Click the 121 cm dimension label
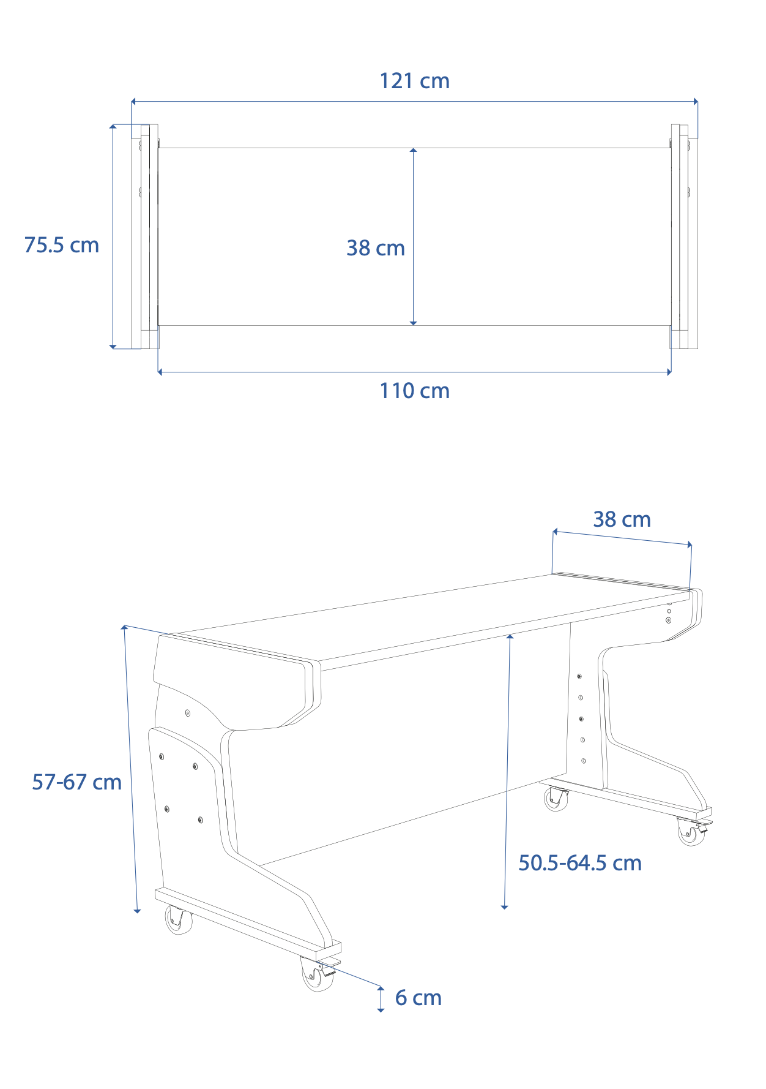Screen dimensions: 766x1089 (414, 81)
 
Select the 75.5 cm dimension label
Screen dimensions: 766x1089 (61, 245)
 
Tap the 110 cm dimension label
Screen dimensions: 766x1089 (414, 391)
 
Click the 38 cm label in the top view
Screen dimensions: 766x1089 (376, 248)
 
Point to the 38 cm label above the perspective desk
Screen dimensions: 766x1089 (622, 519)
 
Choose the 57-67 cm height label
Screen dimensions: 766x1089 (76, 782)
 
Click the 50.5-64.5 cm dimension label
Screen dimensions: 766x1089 (580, 863)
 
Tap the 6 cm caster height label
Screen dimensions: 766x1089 (418, 998)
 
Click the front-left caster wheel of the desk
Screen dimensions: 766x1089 (178, 919)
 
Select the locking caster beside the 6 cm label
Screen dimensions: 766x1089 (318, 974)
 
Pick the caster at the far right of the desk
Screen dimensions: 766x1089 (693, 831)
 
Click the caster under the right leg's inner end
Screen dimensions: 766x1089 (556, 799)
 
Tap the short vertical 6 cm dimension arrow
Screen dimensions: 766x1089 (381, 999)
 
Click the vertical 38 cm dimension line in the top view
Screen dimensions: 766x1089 (414, 236)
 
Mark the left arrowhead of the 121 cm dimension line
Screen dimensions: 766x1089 (133, 101)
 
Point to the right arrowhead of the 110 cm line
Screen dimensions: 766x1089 (669, 372)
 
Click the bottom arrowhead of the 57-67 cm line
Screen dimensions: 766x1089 (137, 911)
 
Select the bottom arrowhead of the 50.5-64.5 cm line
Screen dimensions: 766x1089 (505, 906)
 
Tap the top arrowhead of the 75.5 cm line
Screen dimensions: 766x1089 (113, 127)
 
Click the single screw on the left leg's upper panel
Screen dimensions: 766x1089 (187, 713)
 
